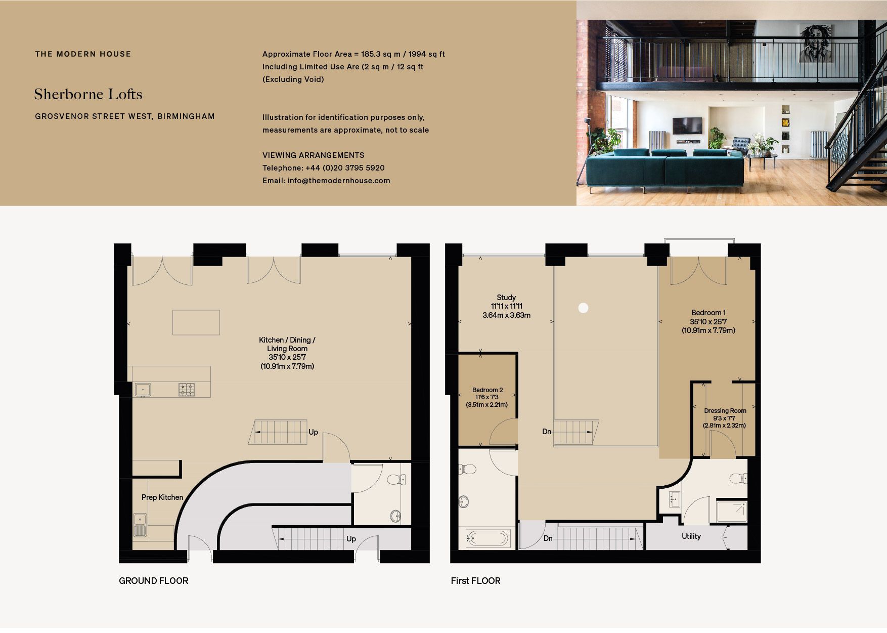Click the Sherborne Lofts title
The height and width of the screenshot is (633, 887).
tap(88, 94)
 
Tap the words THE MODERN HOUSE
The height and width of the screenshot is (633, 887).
tap(83, 54)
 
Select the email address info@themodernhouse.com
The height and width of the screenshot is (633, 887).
tap(339, 181)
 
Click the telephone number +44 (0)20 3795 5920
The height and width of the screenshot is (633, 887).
tap(345, 168)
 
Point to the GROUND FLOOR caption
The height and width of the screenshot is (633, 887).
tap(154, 581)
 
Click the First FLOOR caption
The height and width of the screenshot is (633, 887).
tap(475, 581)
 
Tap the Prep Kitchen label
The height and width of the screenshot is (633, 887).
tap(162, 497)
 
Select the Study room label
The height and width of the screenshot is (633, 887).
tap(506, 298)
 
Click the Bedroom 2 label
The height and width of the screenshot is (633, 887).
tap(487, 390)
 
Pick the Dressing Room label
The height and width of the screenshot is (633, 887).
tap(725, 411)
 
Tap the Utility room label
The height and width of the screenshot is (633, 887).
tap(691, 536)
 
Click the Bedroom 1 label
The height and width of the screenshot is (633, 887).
tap(708, 313)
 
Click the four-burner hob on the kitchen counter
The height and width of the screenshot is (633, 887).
tap(187, 389)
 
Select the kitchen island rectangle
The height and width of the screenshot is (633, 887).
tap(196, 322)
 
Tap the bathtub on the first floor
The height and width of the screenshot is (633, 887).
tap(487, 538)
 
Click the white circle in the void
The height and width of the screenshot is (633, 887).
tap(583, 308)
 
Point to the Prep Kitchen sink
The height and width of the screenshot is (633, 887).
tap(140, 525)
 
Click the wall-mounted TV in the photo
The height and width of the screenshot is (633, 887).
tap(687, 125)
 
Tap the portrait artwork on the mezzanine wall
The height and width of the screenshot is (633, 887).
tap(816, 43)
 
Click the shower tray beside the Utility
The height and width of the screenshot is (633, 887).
tap(732, 512)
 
